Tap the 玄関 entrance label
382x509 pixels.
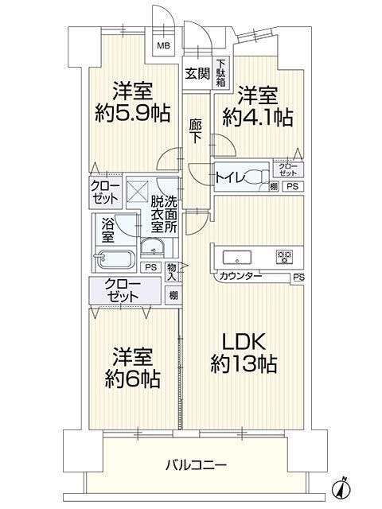coord(197,74)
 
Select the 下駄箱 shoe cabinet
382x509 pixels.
coord(220,74)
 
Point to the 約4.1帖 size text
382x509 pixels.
coord(257,118)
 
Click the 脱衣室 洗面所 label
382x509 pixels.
coord(168,214)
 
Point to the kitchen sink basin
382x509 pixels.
coord(236,257)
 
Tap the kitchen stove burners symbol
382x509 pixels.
coord(283,256)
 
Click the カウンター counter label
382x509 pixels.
coord(240,278)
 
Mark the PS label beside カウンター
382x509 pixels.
coord(298,278)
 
